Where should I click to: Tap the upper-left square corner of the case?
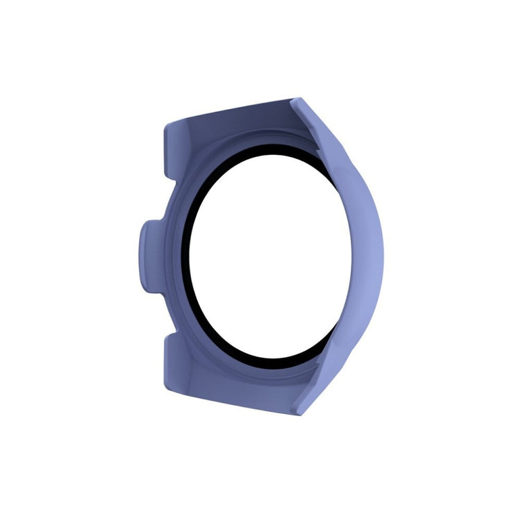pyautogui.click(x=167, y=126)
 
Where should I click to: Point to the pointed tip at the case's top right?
pyautogui.click(x=297, y=101)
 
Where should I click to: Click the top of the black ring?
pyautogui.click(x=264, y=147)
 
